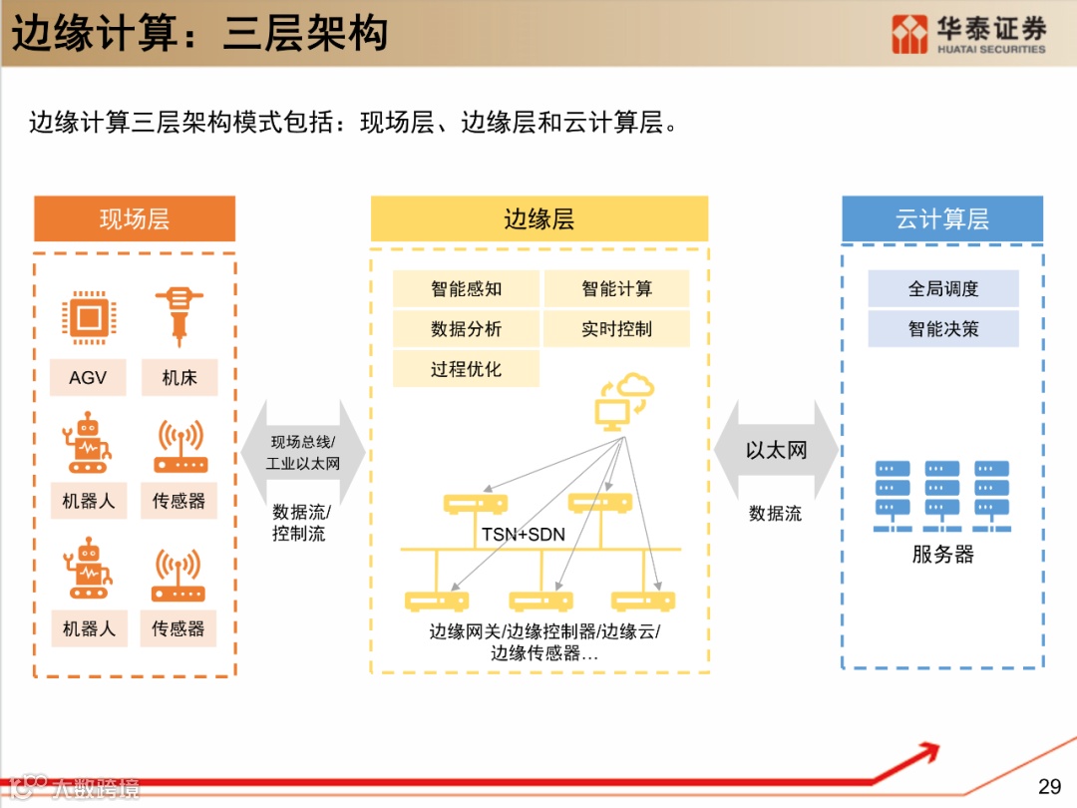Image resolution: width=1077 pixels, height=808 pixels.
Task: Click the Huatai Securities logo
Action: pyautogui.click(x=968, y=34)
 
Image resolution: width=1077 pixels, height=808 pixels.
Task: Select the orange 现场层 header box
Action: pyautogui.click(x=135, y=219)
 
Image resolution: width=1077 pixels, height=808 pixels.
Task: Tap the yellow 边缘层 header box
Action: pyautogui.click(x=539, y=219)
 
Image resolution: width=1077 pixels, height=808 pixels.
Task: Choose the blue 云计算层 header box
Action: pyautogui.click(x=942, y=219)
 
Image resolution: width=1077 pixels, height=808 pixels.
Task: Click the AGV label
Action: pyautogui.click(x=89, y=378)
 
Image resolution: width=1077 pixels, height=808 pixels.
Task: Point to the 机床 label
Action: pyautogui.click(x=179, y=378)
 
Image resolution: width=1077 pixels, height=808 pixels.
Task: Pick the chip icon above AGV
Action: pyautogui.click(x=88, y=318)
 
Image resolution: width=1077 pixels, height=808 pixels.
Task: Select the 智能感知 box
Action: pyautogui.click(x=466, y=289)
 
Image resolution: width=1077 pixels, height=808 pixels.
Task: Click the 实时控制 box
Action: pyautogui.click(x=616, y=329)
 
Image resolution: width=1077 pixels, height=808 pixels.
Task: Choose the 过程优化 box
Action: pyautogui.click(x=466, y=369)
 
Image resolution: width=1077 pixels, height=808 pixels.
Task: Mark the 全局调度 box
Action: pyautogui.click(x=943, y=289)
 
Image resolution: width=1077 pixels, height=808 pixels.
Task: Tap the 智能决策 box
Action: pyautogui.click(x=943, y=329)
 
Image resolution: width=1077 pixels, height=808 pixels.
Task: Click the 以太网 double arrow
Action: pyautogui.click(x=776, y=451)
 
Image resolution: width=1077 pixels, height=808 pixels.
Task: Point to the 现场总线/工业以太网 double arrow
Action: pyautogui.click(x=303, y=452)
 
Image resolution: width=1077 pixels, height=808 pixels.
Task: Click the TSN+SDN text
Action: pyautogui.click(x=524, y=535)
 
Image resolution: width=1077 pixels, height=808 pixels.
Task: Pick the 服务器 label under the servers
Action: pyautogui.click(x=942, y=555)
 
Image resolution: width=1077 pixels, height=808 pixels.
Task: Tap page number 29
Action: pyautogui.click(x=1049, y=786)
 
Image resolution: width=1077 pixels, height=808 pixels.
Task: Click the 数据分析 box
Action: pyautogui.click(x=466, y=329)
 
